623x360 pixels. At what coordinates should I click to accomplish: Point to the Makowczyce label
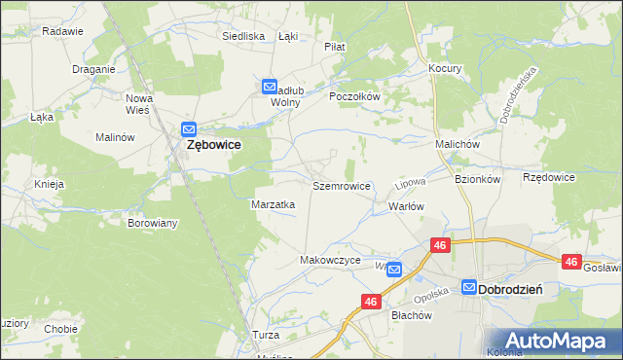click(330, 261)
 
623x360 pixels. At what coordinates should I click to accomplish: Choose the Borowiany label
click(153, 223)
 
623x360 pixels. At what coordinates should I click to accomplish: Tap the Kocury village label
click(445, 69)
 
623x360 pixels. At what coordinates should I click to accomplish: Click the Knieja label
click(49, 184)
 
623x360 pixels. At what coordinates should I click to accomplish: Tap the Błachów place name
click(411, 315)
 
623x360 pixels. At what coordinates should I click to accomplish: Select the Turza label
click(265, 335)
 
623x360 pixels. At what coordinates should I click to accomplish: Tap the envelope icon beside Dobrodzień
click(469, 288)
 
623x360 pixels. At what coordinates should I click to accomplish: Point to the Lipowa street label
click(410, 183)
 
